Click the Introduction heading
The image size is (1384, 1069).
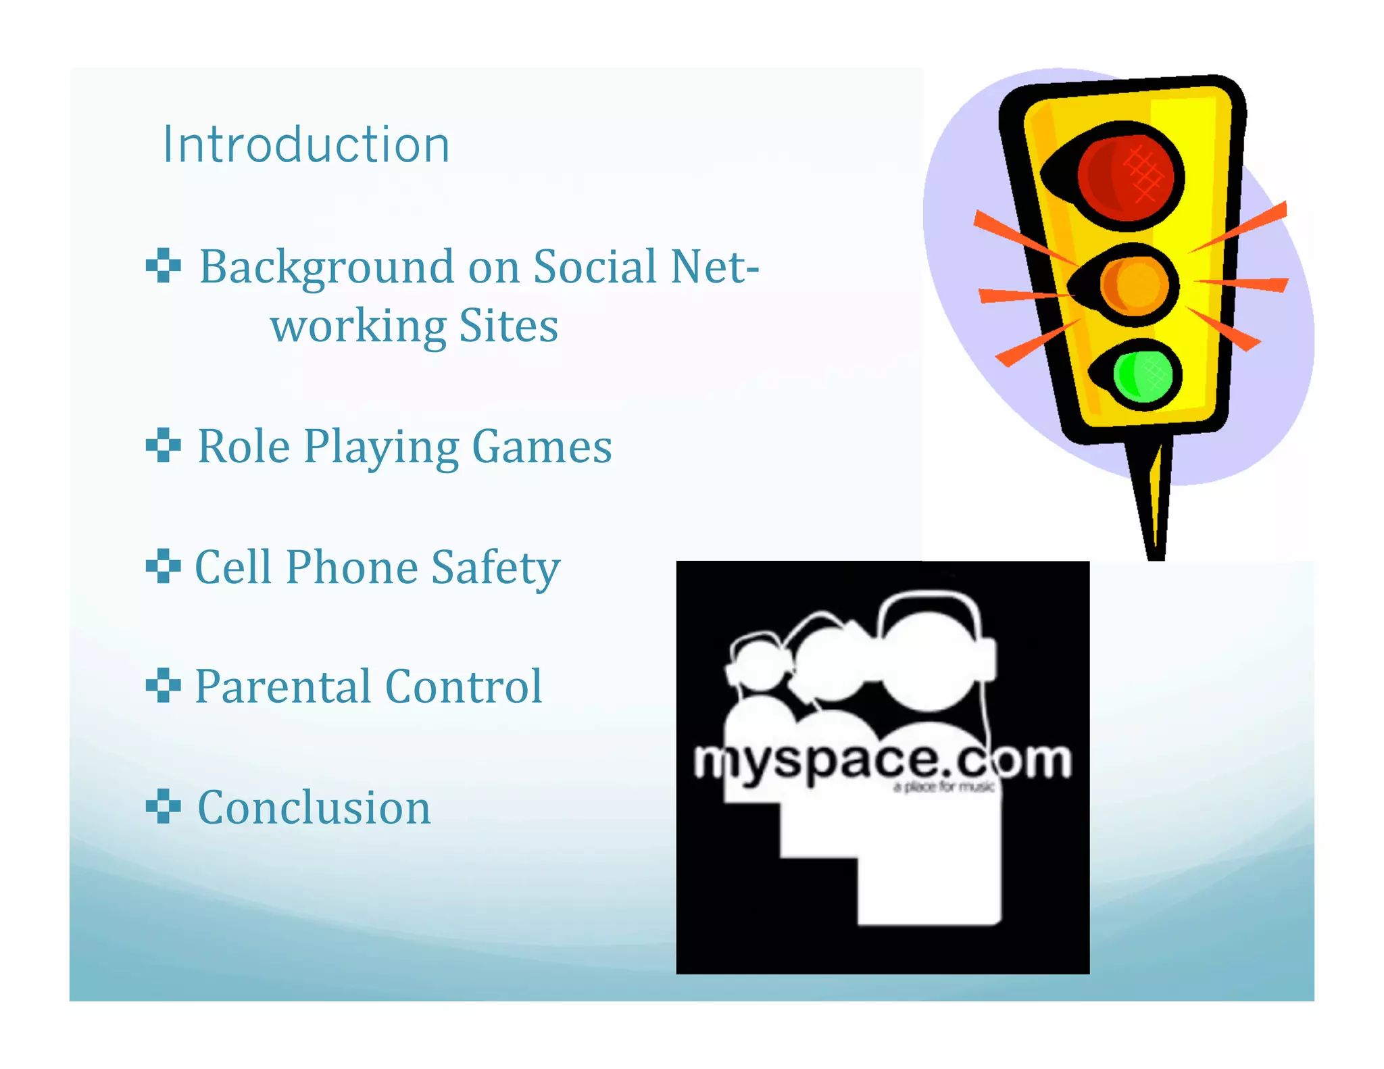[306, 145]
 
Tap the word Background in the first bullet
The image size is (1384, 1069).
[326, 268]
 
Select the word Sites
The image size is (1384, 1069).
[508, 326]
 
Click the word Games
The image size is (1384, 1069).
[541, 447]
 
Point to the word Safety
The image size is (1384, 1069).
[495, 568]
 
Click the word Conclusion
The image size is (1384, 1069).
[314, 807]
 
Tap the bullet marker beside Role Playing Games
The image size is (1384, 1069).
[163, 445]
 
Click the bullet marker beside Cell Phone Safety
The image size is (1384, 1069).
[163, 566]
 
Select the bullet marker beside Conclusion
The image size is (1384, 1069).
[163, 806]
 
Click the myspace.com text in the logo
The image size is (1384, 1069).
[881, 762]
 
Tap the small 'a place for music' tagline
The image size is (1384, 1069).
[943, 787]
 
